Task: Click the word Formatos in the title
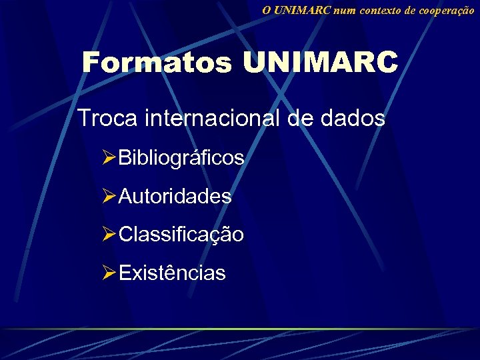[157, 63]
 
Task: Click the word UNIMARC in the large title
[320, 63]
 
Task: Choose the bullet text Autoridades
[175, 197]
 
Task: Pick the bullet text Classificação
[181, 235]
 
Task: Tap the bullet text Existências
[172, 273]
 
